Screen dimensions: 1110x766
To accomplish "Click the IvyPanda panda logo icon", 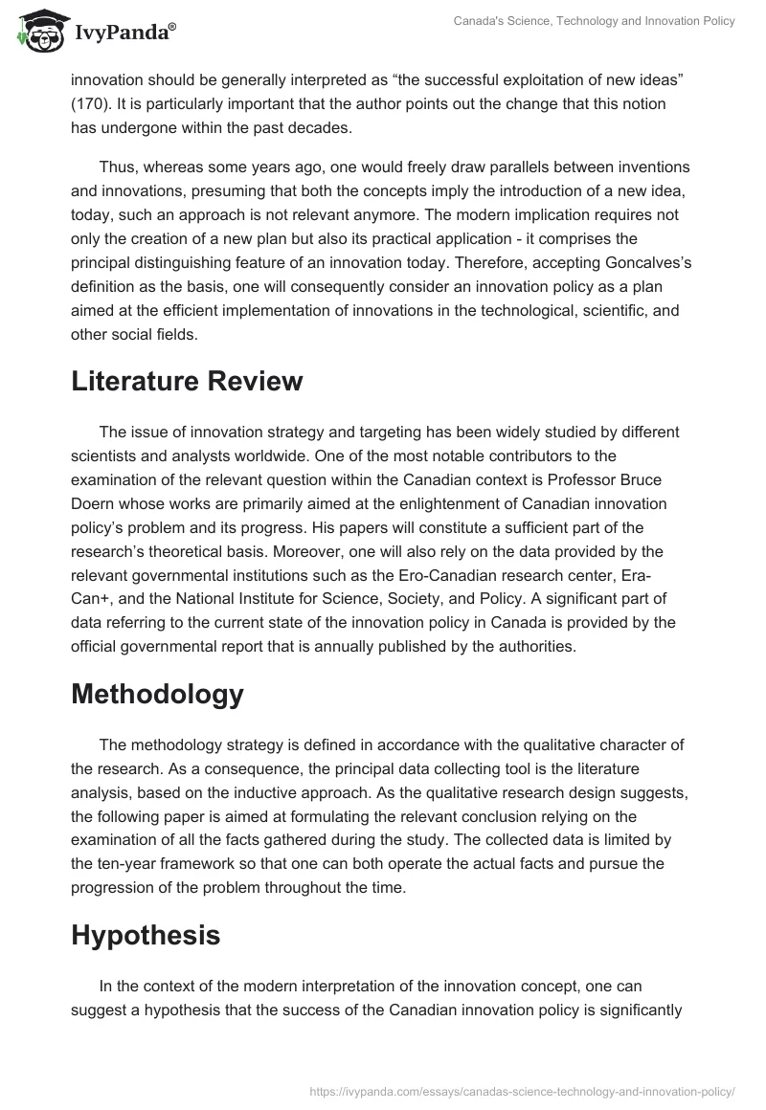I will (37, 32).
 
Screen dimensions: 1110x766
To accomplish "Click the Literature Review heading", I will (187, 381).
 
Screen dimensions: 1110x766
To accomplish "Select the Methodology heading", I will (157, 694).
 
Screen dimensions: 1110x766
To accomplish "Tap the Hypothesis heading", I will (146, 935).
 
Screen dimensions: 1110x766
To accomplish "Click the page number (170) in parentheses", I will (94, 102).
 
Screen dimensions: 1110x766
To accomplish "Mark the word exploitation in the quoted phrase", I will (479, 79).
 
